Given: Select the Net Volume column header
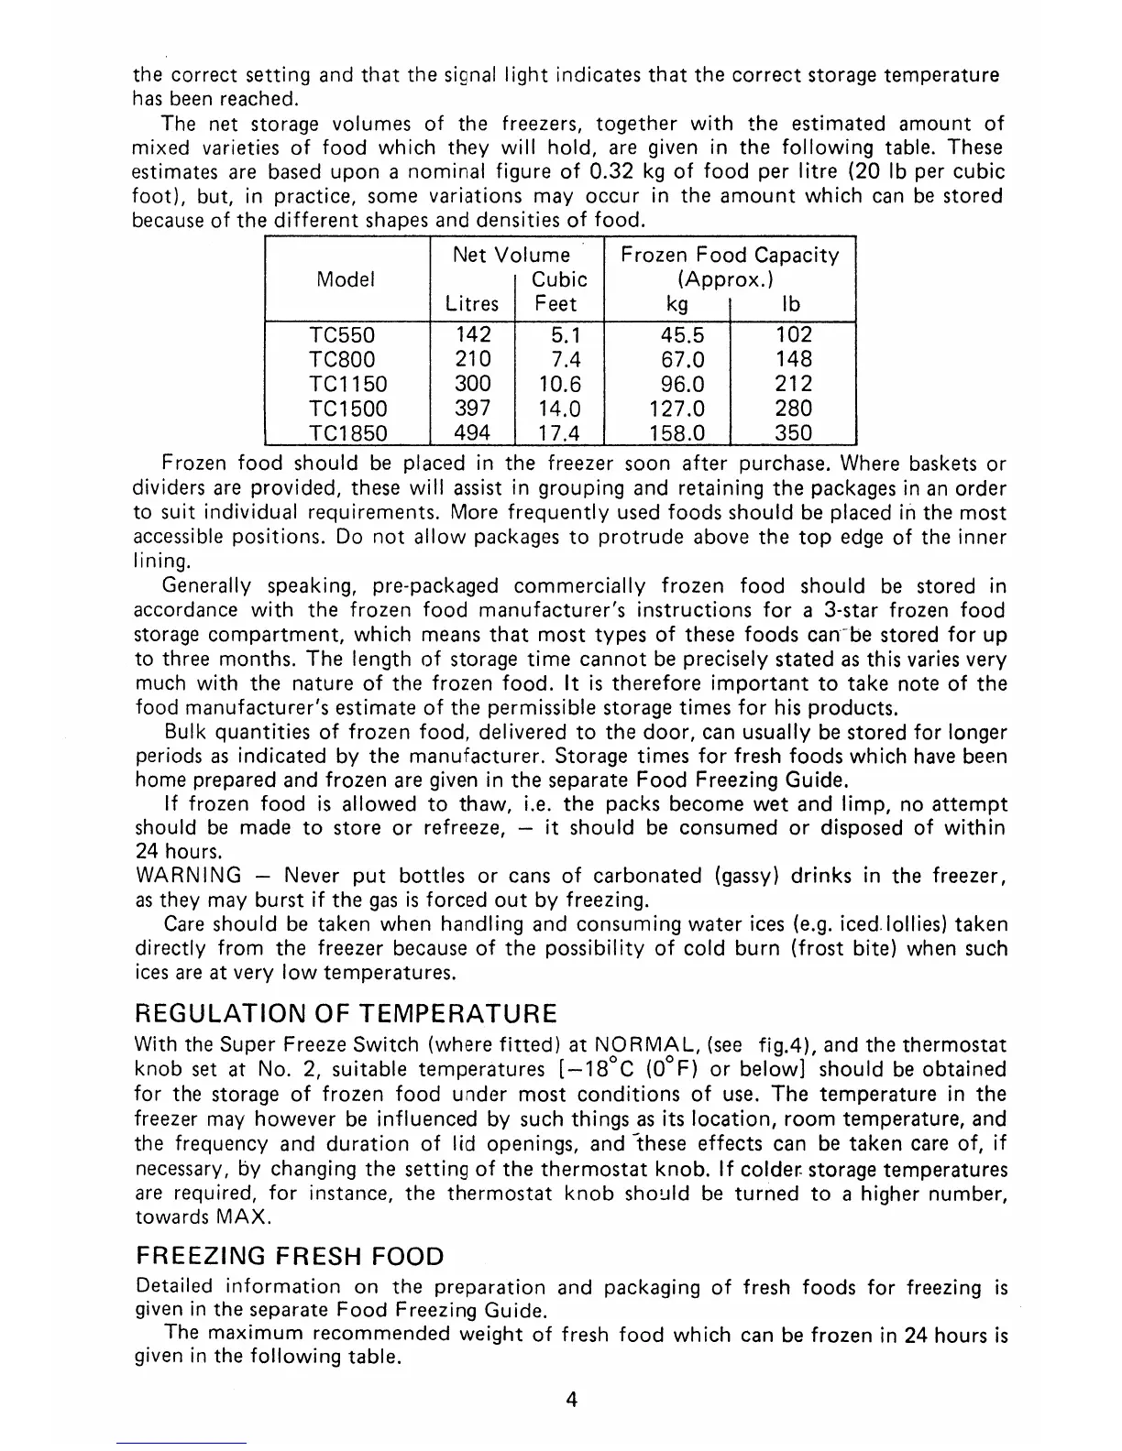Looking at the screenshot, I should click(x=511, y=256).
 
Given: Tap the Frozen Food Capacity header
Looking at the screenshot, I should click(x=730, y=256).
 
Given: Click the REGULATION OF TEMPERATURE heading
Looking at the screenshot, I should click(x=346, y=1014).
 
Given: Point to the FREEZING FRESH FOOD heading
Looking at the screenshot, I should click(x=289, y=1256).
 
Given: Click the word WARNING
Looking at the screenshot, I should click(x=188, y=876).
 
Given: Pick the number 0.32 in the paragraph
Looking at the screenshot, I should click(x=597, y=172).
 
